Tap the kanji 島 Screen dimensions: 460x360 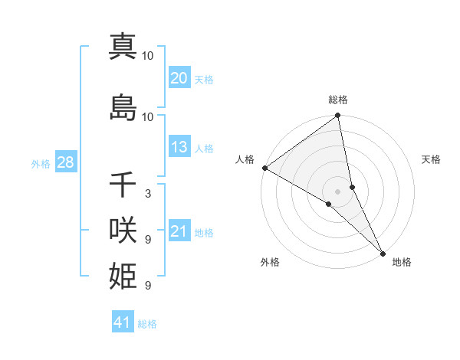[x=123, y=107]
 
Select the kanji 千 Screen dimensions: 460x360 [x=123, y=185]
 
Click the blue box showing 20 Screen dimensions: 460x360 [x=179, y=78]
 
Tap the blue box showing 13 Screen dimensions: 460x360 [x=179, y=148]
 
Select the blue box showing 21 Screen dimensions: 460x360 [x=179, y=232]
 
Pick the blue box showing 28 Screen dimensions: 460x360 [x=65, y=163]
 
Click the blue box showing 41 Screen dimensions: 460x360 [x=123, y=323]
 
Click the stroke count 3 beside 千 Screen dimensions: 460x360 [x=147, y=194]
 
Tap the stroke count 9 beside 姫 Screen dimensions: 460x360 [x=147, y=286]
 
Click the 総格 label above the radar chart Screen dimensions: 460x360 [x=338, y=100]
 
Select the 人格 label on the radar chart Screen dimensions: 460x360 [x=245, y=159]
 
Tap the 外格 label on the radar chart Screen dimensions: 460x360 [x=270, y=263]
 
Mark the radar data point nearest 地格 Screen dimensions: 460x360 [x=382, y=252]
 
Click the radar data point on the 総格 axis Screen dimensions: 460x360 [x=338, y=116]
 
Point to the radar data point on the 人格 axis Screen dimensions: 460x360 [x=264, y=168]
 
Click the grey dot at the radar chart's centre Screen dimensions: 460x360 [x=338, y=191]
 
